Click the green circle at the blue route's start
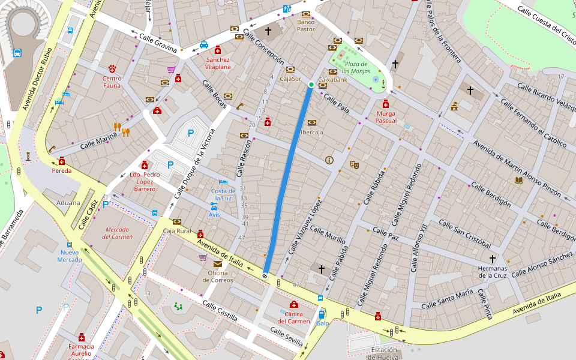(311, 85)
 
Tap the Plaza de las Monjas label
(355, 67)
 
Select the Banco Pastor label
(305, 25)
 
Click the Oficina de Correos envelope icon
(217, 263)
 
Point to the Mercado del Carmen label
(117, 233)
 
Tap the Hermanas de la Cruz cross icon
(493, 259)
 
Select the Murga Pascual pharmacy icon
(386, 104)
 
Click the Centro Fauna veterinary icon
(112, 69)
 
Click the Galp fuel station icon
(322, 314)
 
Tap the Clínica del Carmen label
(293, 317)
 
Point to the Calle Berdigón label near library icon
(490, 194)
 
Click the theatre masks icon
(355, 164)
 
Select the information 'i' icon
(329, 160)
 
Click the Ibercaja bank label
(311, 132)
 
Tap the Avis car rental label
(214, 214)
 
